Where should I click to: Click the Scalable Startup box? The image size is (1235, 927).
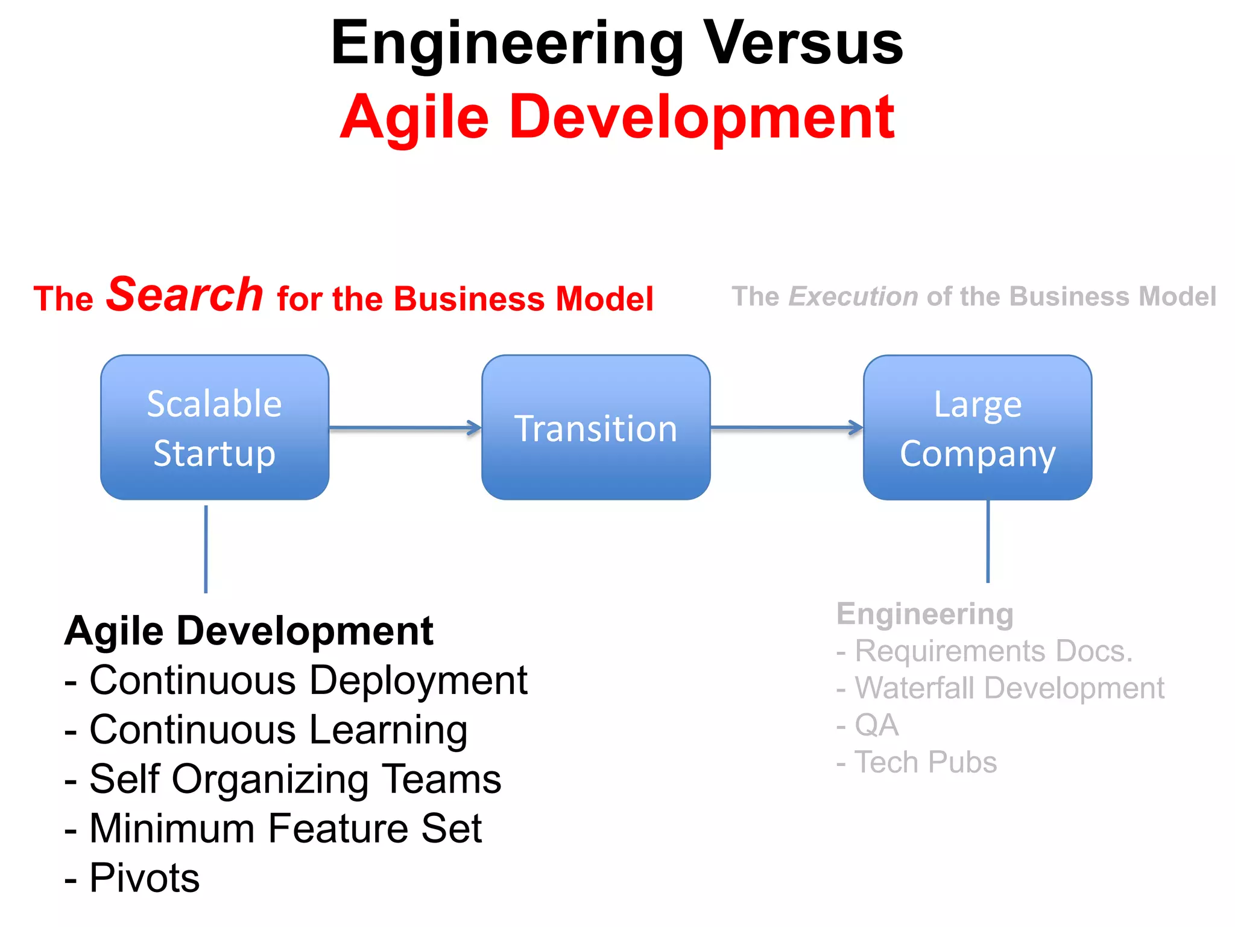click(x=215, y=427)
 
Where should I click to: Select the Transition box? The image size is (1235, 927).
click(x=596, y=427)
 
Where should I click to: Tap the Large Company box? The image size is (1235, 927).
click(x=977, y=427)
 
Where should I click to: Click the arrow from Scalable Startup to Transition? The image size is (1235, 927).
click(x=404, y=428)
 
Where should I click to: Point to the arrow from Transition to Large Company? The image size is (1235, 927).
click(x=786, y=428)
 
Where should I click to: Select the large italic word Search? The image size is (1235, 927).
click(x=185, y=295)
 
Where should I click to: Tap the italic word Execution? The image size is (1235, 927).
click(x=853, y=297)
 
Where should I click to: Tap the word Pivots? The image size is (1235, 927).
click(x=144, y=878)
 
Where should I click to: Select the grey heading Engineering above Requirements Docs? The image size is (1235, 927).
click(x=924, y=614)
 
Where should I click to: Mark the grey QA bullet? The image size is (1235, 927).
click(x=876, y=725)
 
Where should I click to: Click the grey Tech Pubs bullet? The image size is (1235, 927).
click(x=925, y=762)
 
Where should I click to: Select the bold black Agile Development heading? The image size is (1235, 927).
click(x=248, y=631)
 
